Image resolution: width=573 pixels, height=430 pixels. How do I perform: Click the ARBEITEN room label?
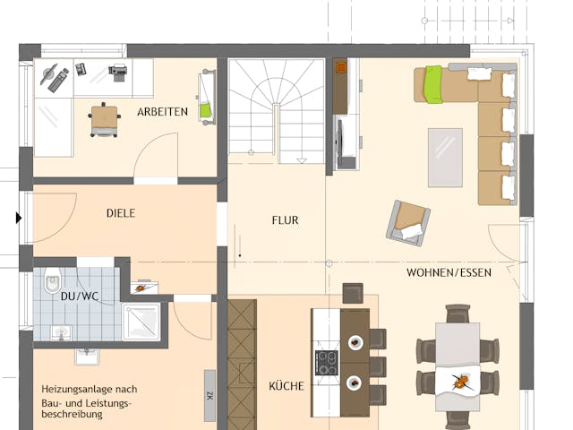(162, 112)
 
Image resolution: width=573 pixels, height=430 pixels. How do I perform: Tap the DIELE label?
(121, 213)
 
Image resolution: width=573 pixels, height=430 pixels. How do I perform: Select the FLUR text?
(285, 219)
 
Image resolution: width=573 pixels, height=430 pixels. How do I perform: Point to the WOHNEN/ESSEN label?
(449, 272)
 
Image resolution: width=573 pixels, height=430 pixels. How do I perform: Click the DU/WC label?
(80, 296)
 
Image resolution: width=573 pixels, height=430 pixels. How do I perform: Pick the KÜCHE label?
(286, 386)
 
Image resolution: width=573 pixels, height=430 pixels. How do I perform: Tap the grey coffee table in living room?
(445, 157)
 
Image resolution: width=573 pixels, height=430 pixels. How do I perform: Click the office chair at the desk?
(105, 119)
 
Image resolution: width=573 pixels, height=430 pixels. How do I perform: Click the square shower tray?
(141, 322)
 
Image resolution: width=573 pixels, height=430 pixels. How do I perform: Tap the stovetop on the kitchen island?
(325, 362)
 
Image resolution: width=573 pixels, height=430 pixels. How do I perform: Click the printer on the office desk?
(118, 70)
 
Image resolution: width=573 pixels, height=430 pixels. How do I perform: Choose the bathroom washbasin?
(61, 333)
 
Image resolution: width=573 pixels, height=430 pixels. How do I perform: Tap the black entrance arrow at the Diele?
(19, 217)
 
